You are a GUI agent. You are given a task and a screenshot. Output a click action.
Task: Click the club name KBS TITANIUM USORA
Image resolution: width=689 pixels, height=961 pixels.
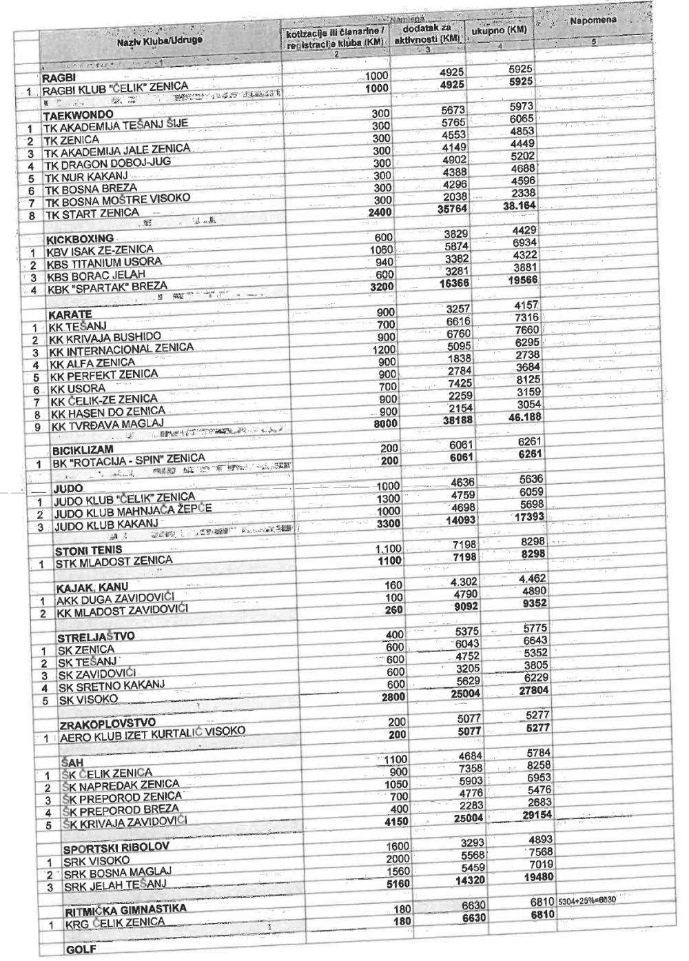[x=104, y=262]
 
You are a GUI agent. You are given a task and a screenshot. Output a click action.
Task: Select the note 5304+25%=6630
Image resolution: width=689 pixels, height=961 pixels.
[x=586, y=901]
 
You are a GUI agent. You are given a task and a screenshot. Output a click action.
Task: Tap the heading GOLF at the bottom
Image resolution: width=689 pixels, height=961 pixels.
[x=79, y=950]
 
